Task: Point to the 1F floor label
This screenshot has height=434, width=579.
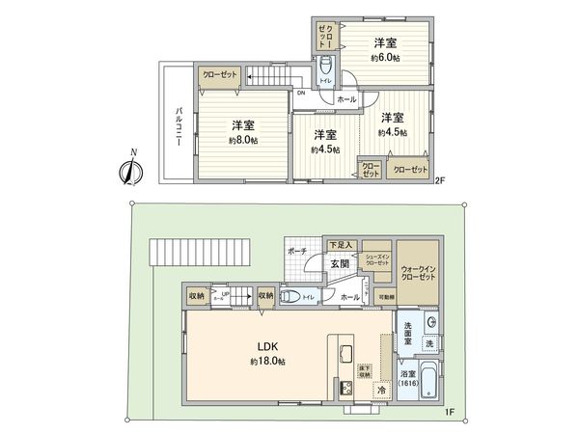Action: pos(450,413)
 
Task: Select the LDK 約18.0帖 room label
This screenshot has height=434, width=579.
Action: pos(268,351)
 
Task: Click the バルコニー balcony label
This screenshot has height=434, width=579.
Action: pos(179,125)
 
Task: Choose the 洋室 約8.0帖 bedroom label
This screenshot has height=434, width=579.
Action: pos(243,132)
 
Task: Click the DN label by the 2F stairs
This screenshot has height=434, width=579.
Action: pos(300,94)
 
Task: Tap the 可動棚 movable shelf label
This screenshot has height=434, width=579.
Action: pos(384,297)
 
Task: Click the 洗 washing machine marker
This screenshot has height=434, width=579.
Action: pos(429,344)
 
